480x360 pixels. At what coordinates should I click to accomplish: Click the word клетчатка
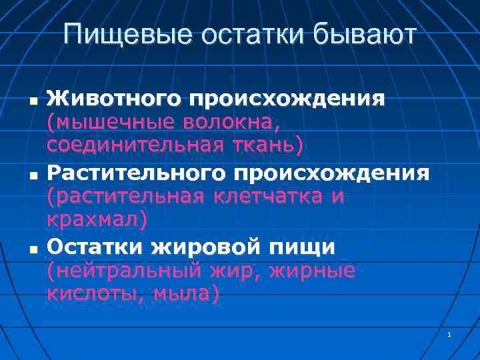click(271, 196)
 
